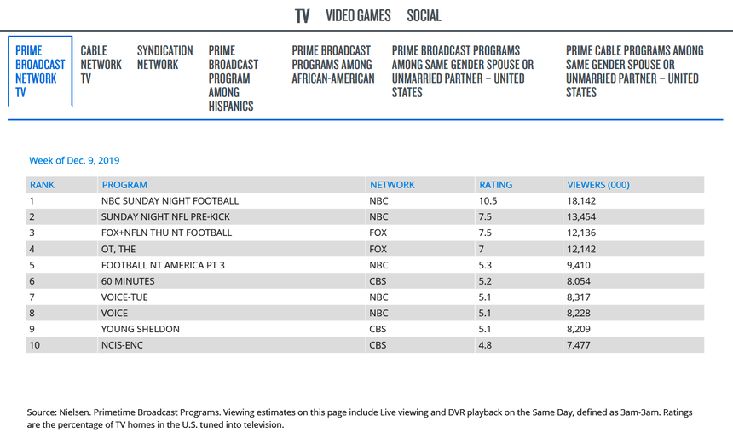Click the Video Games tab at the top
tap(358, 16)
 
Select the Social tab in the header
tap(424, 16)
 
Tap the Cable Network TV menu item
tap(101, 64)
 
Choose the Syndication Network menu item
tap(164, 57)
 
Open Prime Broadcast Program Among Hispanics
tap(234, 78)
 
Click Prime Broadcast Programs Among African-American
tap(333, 64)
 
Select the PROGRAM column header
tap(124, 185)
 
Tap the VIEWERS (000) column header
tap(598, 185)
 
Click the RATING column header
tap(496, 185)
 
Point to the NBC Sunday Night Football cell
tap(170, 201)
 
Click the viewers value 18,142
tap(583, 201)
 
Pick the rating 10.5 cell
tap(488, 201)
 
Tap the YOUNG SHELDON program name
tap(141, 329)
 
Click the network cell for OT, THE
tap(378, 249)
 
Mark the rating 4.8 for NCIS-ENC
tap(486, 345)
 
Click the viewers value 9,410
tap(580, 265)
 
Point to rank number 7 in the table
tap(32, 297)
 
